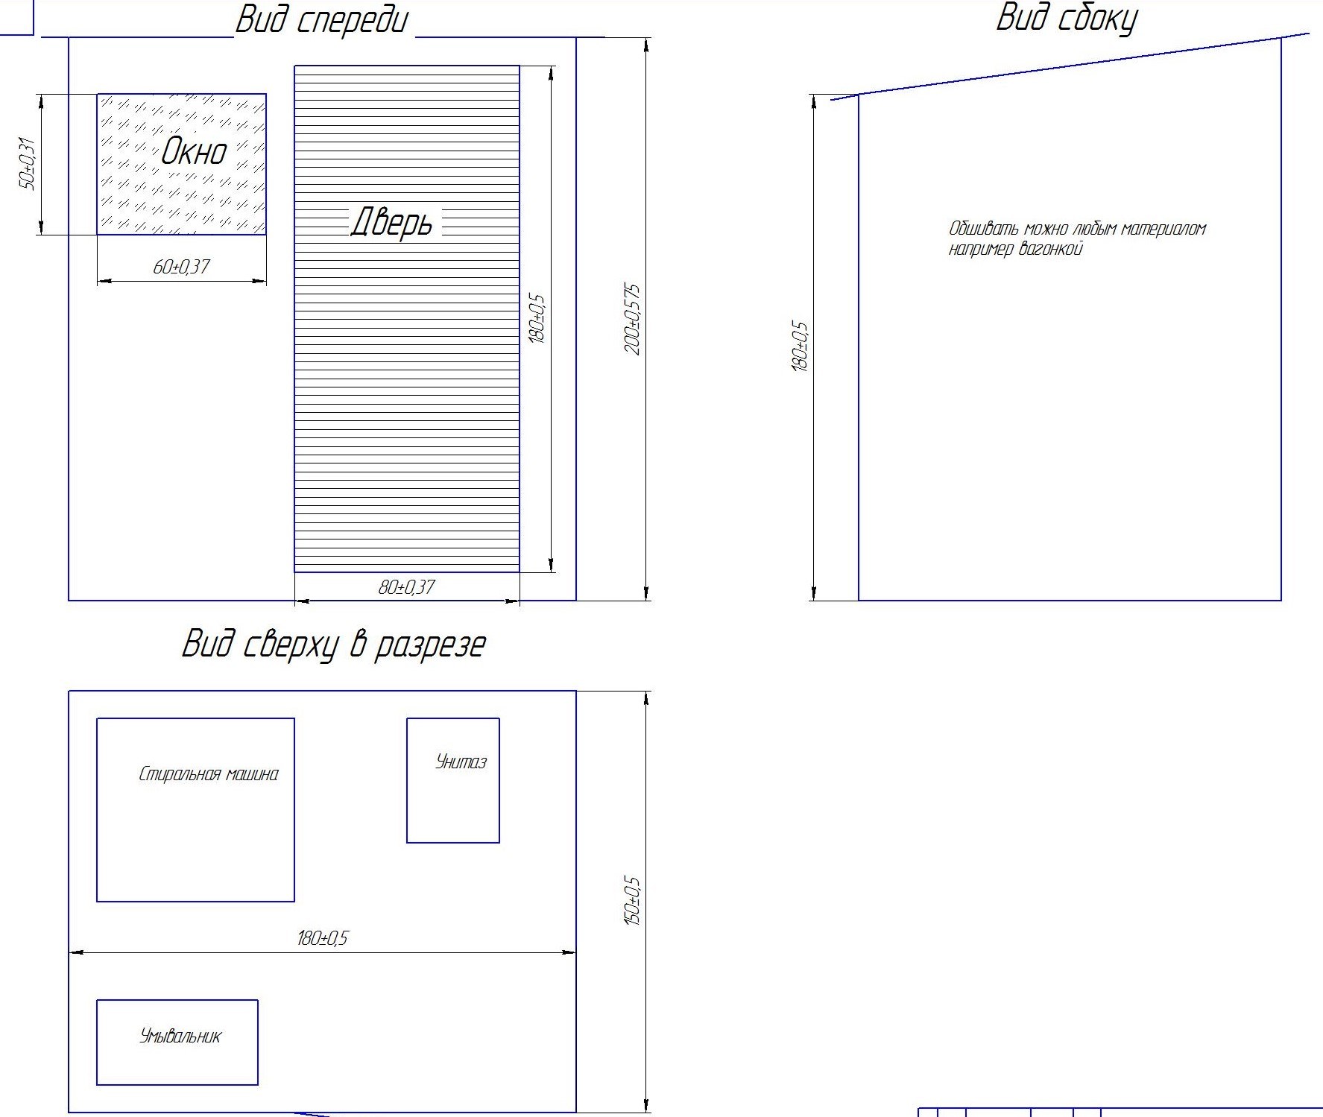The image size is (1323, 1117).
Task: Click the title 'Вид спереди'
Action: click(x=322, y=21)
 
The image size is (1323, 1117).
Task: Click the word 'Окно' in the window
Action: click(x=194, y=151)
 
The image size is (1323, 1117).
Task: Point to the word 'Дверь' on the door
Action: click(x=391, y=222)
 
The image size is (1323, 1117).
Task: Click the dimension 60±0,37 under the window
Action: click(x=181, y=267)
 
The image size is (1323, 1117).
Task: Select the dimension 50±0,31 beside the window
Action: click(x=27, y=164)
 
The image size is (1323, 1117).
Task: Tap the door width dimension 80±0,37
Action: click(x=406, y=587)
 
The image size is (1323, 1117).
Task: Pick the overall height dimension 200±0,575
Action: click(x=632, y=319)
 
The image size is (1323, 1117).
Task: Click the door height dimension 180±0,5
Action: click(x=537, y=319)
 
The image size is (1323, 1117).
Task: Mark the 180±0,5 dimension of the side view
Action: click(x=799, y=347)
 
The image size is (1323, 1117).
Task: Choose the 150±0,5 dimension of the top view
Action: click(x=632, y=901)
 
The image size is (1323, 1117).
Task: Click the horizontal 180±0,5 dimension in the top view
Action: click(x=322, y=938)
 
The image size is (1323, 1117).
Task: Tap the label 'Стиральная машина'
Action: click(x=209, y=774)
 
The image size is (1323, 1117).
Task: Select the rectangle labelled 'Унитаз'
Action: click(x=453, y=780)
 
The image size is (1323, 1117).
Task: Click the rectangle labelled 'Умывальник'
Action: click(x=177, y=1042)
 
